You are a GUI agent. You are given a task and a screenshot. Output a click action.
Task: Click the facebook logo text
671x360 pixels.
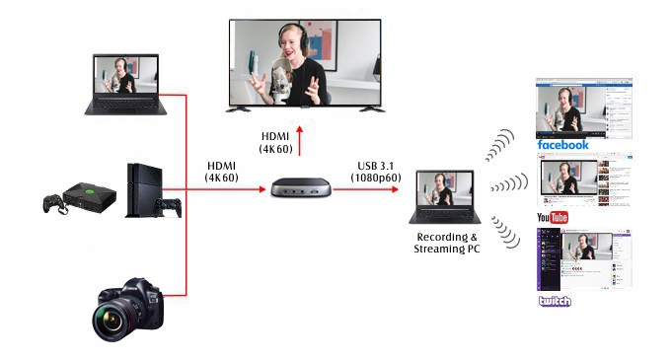click(x=562, y=145)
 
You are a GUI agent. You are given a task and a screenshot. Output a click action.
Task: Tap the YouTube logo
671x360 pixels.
click(x=552, y=217)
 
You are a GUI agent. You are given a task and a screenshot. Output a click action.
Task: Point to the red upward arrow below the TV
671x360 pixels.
click(x=300, y=146)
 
